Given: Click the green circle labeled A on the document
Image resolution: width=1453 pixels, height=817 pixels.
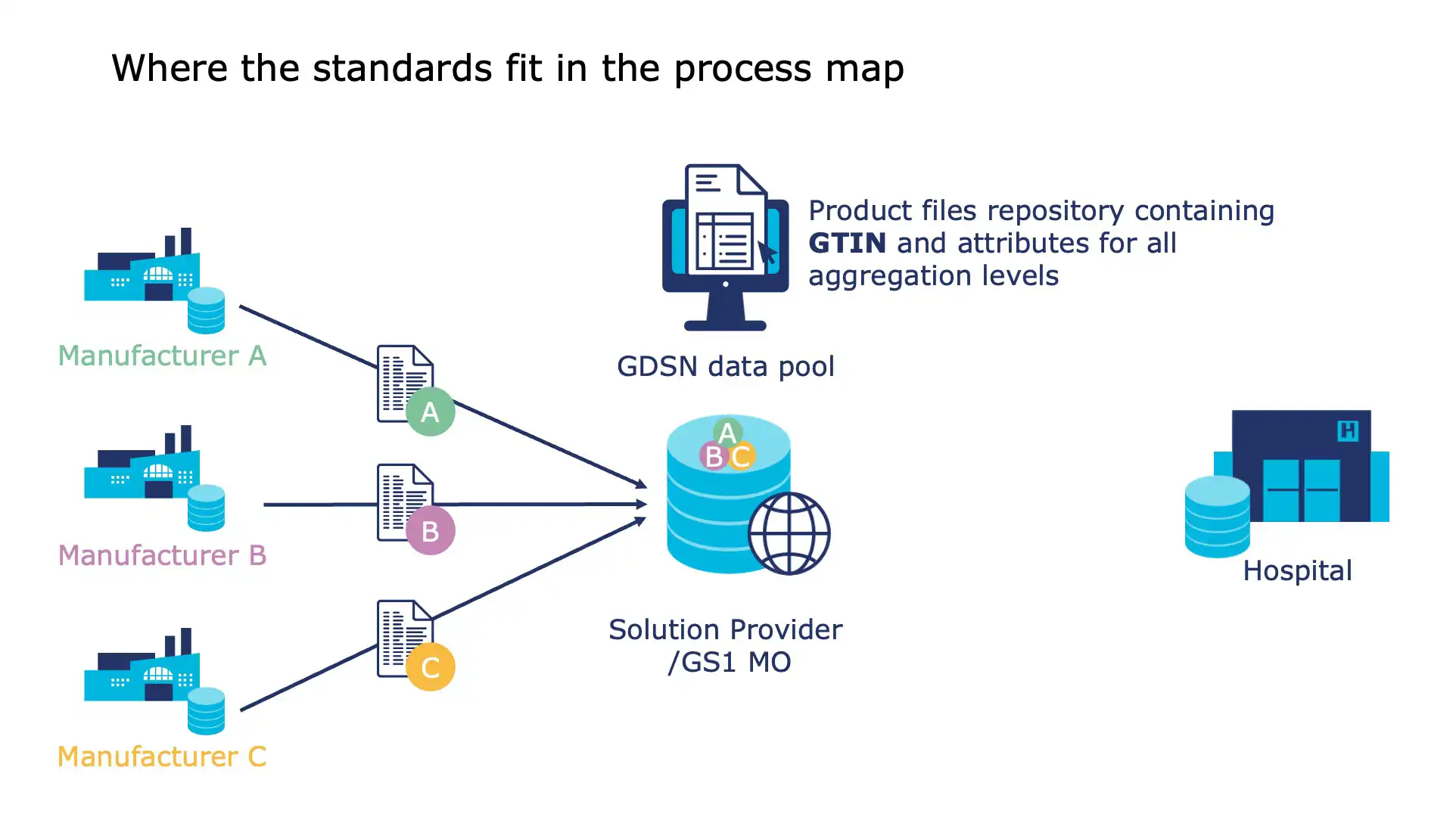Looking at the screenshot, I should (x=430, y=412).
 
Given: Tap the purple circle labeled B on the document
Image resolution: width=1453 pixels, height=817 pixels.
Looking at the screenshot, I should (x=430, y=530).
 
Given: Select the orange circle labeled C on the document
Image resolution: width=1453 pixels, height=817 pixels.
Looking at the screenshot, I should (x=430, y=666).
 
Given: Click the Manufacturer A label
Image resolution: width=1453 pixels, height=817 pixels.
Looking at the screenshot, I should (x=162, y=356).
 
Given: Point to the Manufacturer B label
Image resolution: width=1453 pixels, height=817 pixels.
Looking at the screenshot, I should (x=162, y=555).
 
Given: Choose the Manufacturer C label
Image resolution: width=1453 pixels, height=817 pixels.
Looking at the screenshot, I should (x=162, y=756).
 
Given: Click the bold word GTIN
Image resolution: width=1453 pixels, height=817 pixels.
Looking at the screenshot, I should (x=847, y=244).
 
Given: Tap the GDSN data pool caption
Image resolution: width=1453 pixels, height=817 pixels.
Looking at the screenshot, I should (x=725, y=367).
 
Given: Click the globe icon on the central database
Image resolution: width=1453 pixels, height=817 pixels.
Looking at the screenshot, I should (x=789, y=533).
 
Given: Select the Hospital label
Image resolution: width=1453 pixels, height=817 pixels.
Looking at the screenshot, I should (x=1296, y=571).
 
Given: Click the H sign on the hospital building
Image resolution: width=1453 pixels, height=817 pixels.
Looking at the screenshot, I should (x=1347, y=431).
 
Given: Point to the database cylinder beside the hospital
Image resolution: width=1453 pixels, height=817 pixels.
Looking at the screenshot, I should (x=1217, y=517).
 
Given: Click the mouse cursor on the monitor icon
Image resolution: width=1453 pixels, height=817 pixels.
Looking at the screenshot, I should (x=767, y=253).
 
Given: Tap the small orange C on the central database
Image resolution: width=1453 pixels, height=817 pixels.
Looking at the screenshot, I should (x=742, y=456).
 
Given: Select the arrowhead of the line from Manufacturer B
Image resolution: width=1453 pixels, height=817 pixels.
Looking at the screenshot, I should (x=642, y=504).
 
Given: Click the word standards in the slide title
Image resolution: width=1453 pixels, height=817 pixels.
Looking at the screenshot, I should (x=402, y=68).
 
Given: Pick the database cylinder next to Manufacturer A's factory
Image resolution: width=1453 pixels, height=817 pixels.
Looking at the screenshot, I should (x=206, y=310).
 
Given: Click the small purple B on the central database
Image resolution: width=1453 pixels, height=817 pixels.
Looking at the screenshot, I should (x=713, y=456).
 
